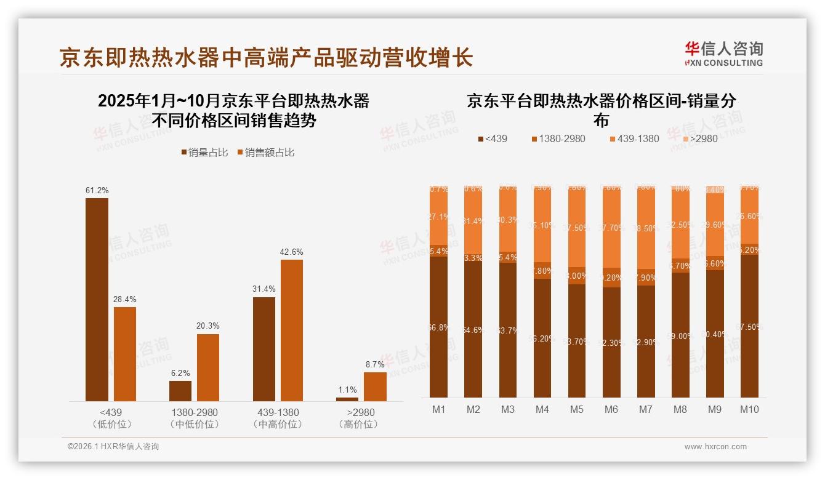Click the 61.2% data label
coord(97,191)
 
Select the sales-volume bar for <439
coord(97,300)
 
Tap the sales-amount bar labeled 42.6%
coord(292,330)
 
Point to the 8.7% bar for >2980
coord(375,386)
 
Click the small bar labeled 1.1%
coord(347,399)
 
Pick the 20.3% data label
coord(208,326)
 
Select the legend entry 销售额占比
coord(265,153)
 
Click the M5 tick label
coord(576,410)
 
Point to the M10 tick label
coord(749,410)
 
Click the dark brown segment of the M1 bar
coord(439,327)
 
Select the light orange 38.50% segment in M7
coord(646,228)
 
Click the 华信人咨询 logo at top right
coord(723,54)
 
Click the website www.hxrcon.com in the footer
coord(715,447)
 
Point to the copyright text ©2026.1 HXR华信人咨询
coord(113,447)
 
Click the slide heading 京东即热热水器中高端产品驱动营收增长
coord(266,57)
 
